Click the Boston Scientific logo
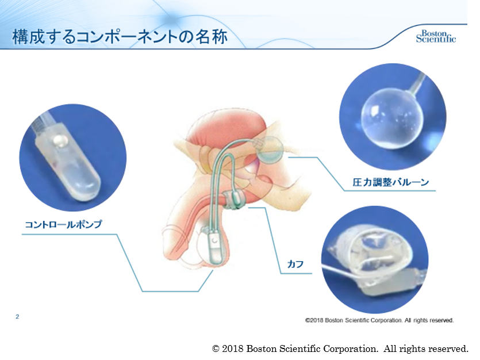coord(436,36)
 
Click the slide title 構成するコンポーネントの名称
coord(120,37)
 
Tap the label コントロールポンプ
coord(63,224)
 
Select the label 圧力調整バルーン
coord(391,182)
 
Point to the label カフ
coord(295,264)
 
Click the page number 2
coord(17,316)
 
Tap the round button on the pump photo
coord(60,141)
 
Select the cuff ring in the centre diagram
coord(234,200)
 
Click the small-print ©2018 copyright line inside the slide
coord(379,320)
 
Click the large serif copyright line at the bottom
coord(340,348)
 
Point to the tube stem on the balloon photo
coord(416,82)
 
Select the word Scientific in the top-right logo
coord(436,39)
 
